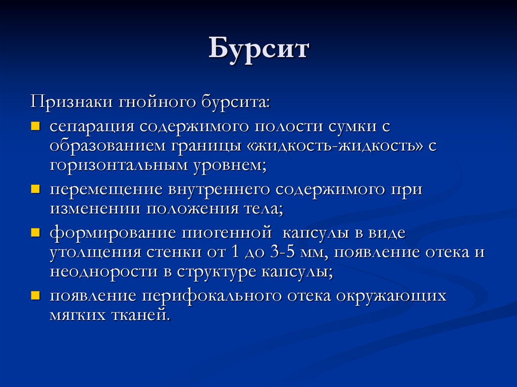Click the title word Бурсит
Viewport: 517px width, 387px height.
coord(258,50)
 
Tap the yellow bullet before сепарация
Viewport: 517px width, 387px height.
coord(35,125)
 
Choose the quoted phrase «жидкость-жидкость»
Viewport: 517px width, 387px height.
coord(335,146)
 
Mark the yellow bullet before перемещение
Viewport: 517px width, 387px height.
coord(35,189)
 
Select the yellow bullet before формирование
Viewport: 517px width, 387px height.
coord(35,233)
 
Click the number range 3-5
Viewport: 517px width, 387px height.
coord(289,252)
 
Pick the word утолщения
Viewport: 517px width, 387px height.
coord(93,252)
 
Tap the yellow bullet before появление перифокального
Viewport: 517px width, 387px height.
coord(35,295)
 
